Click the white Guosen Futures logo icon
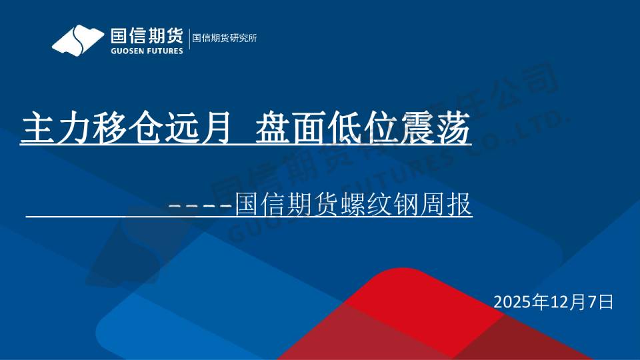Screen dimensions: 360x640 click(79, 40)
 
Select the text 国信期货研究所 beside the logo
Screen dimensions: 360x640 click(225, 38)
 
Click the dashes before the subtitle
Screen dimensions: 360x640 click(201, 205)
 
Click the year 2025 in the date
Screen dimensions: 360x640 click(512, 302)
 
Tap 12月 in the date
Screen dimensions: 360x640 click(561, 302)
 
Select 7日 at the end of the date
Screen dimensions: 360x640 click(599, 302)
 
